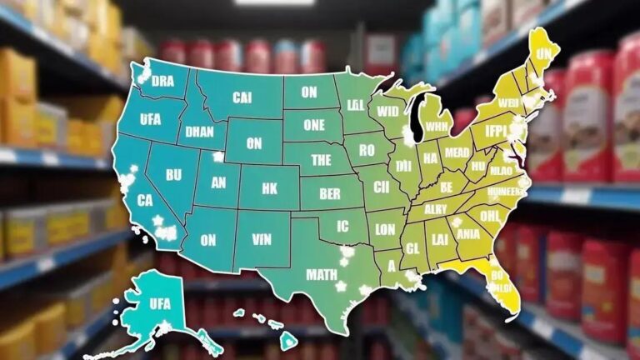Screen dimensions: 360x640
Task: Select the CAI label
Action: [x=242, y=97]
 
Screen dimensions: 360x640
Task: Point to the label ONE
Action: [x=314, y=125]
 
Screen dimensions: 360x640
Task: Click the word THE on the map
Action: [x=321, y=160]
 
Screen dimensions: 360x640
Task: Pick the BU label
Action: [x=173, y=176]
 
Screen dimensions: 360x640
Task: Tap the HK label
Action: [x=269, y=189]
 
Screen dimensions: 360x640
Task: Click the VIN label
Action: [x=263, y=239]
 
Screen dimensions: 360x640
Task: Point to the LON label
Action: [x=385, y=230]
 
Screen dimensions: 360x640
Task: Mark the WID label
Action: [x=388, y=111]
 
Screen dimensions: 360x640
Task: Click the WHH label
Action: [x=437, y=127]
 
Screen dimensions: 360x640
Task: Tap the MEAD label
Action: [x=457, y=152]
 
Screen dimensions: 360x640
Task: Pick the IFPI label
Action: [x=497, y=132]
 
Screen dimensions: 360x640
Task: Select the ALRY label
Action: [x=436, y=209]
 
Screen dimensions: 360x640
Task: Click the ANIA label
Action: [x=467, y=234]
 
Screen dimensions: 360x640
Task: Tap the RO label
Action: [x=365, y=151]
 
